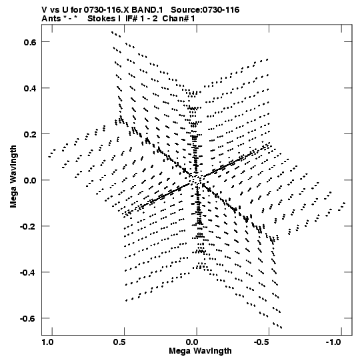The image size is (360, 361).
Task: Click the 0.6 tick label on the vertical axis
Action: pos(30,42)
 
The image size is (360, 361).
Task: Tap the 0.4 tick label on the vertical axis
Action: pos(30,88)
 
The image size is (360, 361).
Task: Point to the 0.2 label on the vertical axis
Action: pos(30,134)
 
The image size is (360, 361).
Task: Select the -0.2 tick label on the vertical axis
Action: pos(28,226)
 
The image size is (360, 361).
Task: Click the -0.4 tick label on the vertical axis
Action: pos(28,272)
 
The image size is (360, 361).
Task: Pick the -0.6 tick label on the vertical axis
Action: pos(28,318)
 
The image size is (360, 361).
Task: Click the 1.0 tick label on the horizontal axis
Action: pos(47,342)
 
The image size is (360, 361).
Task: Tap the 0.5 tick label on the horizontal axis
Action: pos(119,342)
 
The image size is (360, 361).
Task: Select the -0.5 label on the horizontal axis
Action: pos(262,342)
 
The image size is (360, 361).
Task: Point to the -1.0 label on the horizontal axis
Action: pos(333,342)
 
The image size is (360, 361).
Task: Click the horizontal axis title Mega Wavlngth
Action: pos(200,351)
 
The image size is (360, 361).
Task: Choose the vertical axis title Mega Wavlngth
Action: pos(13,177)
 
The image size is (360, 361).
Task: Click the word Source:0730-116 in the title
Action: pos(205,10)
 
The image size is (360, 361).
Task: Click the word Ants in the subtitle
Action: pos(51,19)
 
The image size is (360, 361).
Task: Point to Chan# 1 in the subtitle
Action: pos(179,19)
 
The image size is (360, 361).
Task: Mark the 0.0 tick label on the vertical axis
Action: pos(30,180)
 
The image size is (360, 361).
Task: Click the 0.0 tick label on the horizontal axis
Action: pos(193,342)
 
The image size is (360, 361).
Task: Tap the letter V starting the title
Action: pos(45,10)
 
